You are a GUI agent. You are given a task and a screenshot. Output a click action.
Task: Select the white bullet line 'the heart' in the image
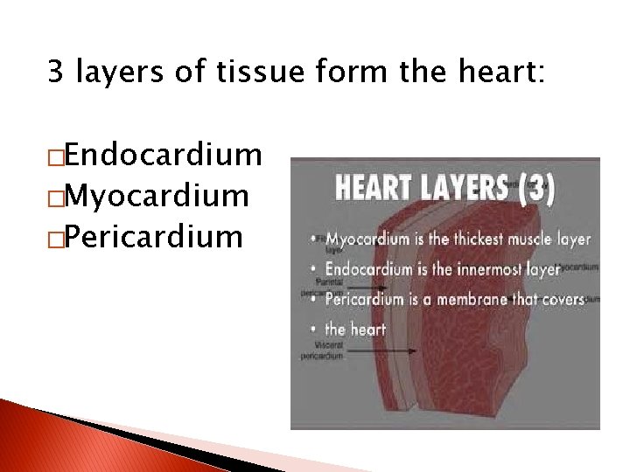[x=354, y=330]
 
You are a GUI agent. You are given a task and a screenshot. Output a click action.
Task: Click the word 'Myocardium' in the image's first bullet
[x=367, y=239]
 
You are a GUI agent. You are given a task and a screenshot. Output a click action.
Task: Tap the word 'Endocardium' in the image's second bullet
[x=368, y=269]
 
